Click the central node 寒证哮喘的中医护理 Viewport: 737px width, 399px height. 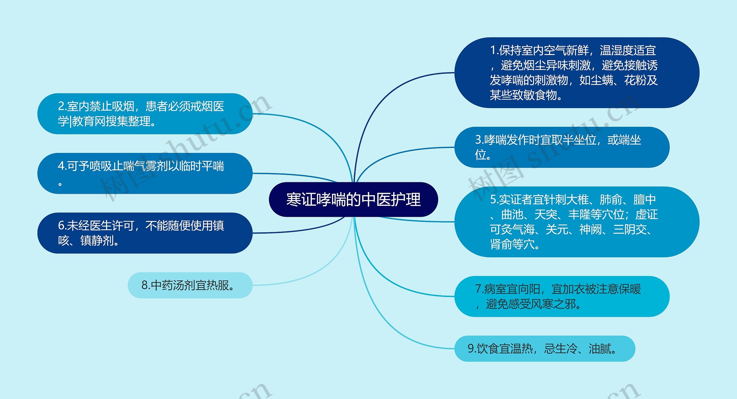point(353,199)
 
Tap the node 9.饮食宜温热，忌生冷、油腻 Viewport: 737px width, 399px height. point(544,349)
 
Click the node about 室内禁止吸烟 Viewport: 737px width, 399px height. point(145,114)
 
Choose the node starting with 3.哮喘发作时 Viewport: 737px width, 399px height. point(562,147)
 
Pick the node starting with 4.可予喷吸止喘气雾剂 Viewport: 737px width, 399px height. point(145,173)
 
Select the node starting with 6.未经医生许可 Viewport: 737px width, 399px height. point(145,233)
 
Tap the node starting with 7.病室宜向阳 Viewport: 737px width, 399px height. point(562,296)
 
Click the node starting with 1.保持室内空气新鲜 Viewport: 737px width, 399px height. point(577,73)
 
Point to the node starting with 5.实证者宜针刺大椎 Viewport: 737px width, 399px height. point(577,222)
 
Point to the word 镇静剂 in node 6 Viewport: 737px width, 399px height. point(97,241)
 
